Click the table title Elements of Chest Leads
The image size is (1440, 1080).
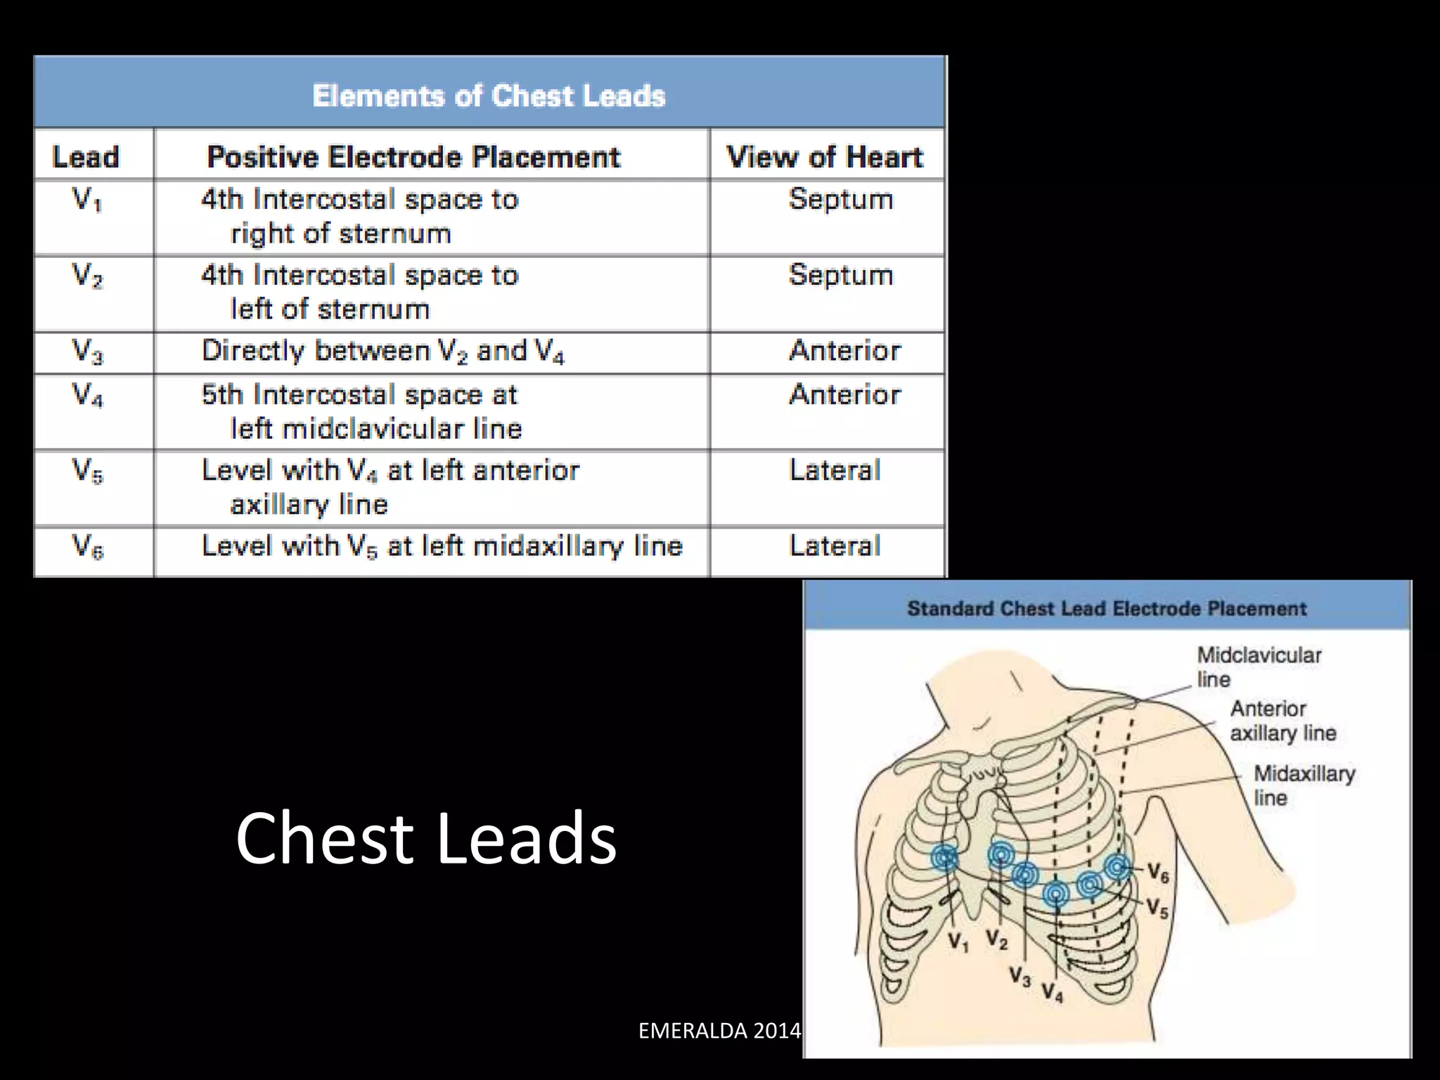pos(489,96)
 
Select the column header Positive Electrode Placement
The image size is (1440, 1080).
pos(413,157)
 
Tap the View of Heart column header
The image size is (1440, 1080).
pos(825,157)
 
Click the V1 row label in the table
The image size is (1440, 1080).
pos(87,200)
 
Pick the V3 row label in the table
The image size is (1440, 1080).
pos(88,351)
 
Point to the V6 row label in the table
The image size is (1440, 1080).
pos(88,546)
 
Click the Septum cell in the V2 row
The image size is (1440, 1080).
pos(841,275)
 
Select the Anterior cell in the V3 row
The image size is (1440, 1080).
pos(845,351)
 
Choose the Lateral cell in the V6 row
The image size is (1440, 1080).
pos(835,546)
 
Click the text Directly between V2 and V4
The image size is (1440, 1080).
pos(383,351)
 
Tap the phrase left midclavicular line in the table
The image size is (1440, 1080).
pos(376,429)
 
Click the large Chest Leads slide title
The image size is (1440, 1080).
pos(426,837)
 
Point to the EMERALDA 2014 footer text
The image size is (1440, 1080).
pos(719,1030)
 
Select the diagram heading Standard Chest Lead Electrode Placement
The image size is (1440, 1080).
pos(1107,608)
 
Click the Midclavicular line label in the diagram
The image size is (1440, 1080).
pos(1259,667)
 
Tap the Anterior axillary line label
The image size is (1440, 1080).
pos(1282,721)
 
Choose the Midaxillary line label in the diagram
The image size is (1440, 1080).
pos(1304,785)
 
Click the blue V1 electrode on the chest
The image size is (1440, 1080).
pos(944,859)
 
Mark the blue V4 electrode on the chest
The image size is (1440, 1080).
pos(1055,894)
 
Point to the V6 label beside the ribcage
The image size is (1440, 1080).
pos(1159,874)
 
